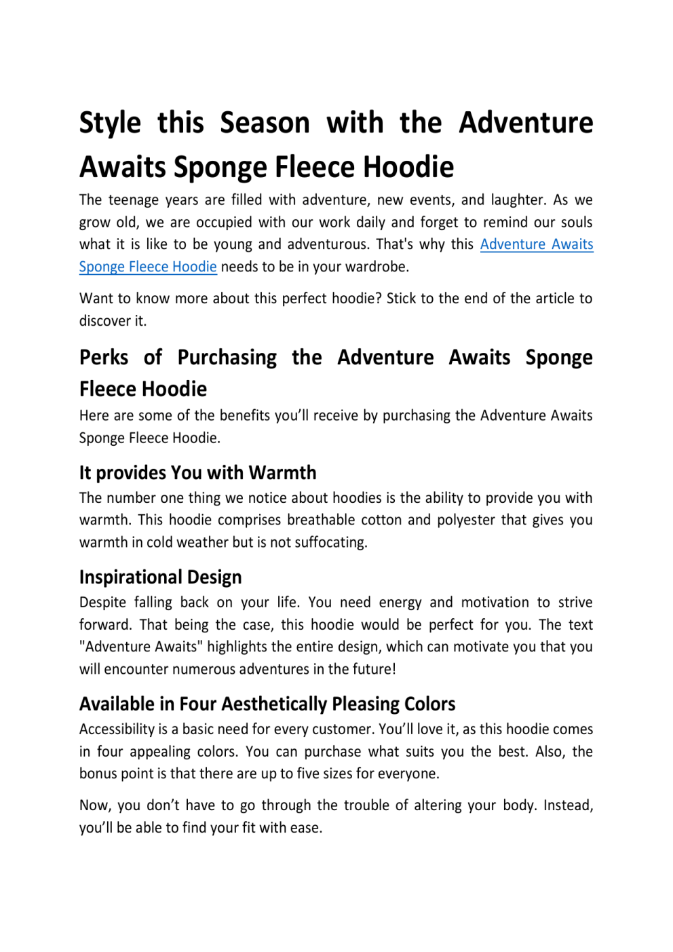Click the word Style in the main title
tap(110, 123)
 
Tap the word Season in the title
tap(265, 123)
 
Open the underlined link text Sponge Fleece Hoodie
tap(148, 267)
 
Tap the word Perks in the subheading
tap(104, 358)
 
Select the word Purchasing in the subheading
tap(227, 358)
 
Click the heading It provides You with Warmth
tap(197, 472)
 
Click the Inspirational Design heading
tap(160, 577)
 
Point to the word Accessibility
tap(117, 729)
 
